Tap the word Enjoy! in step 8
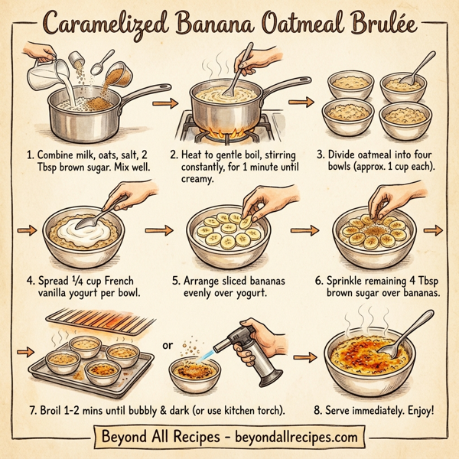coord(416,411)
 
